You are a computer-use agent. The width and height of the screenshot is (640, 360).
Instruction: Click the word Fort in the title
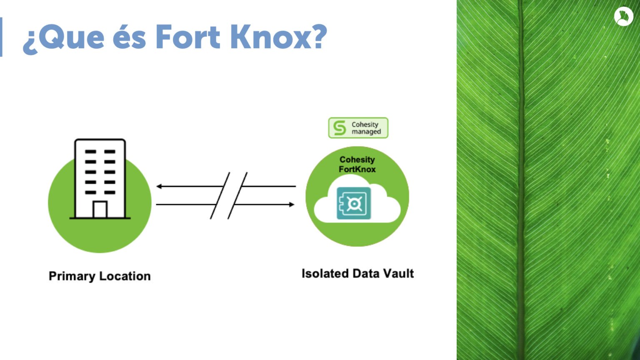click(x=188, y=37)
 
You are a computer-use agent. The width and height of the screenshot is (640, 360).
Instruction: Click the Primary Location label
click(x=100, y=276)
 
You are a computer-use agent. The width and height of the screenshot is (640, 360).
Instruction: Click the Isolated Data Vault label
click(x=358, y=273)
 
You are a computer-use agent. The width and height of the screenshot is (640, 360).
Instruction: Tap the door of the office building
click(x=100, y=210)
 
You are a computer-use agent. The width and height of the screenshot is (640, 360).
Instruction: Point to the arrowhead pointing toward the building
click(x=159, y=186)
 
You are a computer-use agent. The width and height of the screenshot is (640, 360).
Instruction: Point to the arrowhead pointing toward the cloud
click(x=291, y=205)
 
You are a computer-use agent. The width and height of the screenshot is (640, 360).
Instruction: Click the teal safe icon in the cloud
click(x=354, y=203)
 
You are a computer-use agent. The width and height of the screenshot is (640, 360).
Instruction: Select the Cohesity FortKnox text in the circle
click(x=357, y=164)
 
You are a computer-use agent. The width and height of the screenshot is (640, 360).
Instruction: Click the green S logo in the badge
click(x=340, y=128)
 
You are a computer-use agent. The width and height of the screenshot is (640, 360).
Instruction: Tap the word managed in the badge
click(x=366, y=132)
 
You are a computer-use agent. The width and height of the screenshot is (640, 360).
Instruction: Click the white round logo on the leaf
click(x=623, y=17)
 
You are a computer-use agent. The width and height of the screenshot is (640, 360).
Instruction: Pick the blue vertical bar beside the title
click(x=1, y=37)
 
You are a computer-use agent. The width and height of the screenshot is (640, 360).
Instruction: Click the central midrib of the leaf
click(x=522, y=180)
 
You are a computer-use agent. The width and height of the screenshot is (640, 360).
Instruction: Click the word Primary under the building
click(x=72, y=276)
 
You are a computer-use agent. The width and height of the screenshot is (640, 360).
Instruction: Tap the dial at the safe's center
click(x=354, y=204)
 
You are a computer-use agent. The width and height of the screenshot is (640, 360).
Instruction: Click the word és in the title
click(x=130, y=37)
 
